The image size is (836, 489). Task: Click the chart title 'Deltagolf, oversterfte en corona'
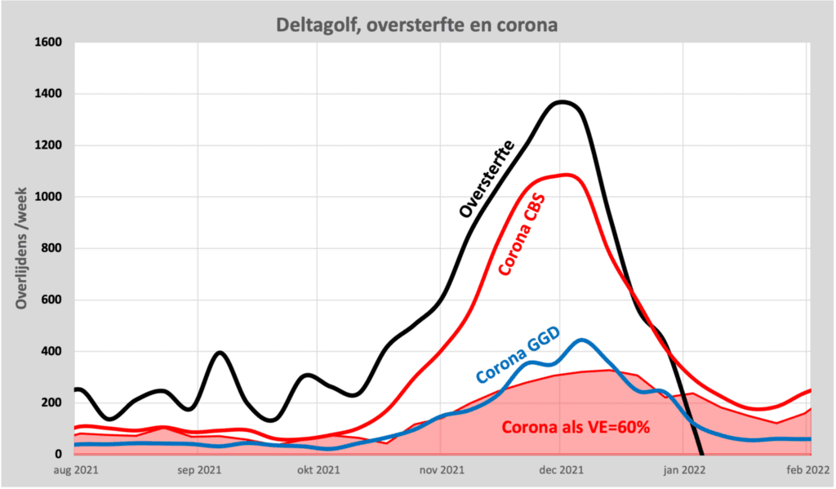pos(417,24)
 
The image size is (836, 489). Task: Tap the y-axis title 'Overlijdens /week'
pos(22,244)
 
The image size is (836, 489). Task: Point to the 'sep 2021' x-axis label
pos(198,469)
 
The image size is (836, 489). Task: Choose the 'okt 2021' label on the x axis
pos(318,469)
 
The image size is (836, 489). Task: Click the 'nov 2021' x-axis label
pos(442,469)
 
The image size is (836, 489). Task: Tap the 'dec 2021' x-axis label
pos(561,469)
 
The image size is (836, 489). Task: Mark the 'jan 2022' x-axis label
pos(683,469)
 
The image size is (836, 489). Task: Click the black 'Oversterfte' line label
pos(487,179)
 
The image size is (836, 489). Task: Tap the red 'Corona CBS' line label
pos(522,234)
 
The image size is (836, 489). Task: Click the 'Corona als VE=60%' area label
pos(575,427)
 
